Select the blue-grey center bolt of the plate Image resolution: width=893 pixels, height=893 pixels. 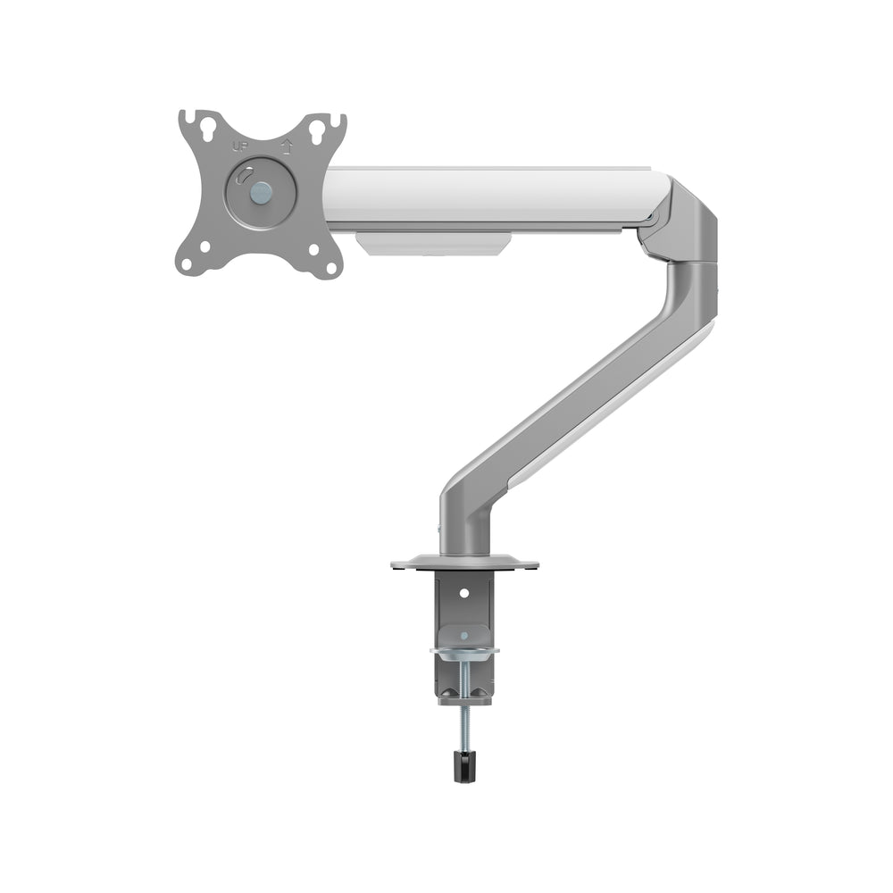(261, 190)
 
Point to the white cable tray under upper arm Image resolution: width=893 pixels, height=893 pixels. (433, 243)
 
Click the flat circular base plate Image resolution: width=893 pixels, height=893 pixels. (464, 564)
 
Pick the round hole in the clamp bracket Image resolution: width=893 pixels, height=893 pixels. (463, 591)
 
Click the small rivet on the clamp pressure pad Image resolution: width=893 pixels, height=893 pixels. (463, 635)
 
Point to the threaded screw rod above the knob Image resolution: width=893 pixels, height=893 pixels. (463, 723)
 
